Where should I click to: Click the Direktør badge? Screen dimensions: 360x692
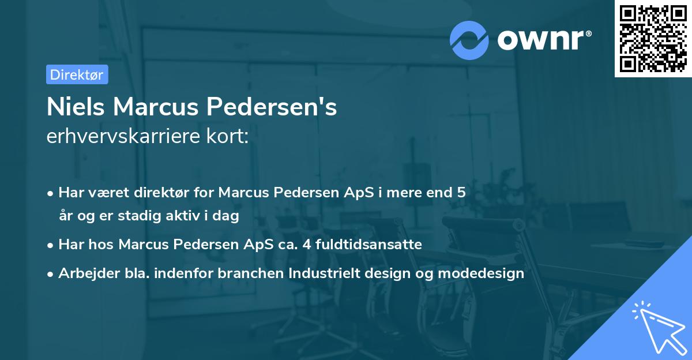tap(77, 74)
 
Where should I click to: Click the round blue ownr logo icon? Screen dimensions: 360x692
tap(469, 40)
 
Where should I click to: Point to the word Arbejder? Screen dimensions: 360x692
tap(84, 273)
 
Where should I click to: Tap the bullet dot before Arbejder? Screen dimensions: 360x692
tap(51, 273)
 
